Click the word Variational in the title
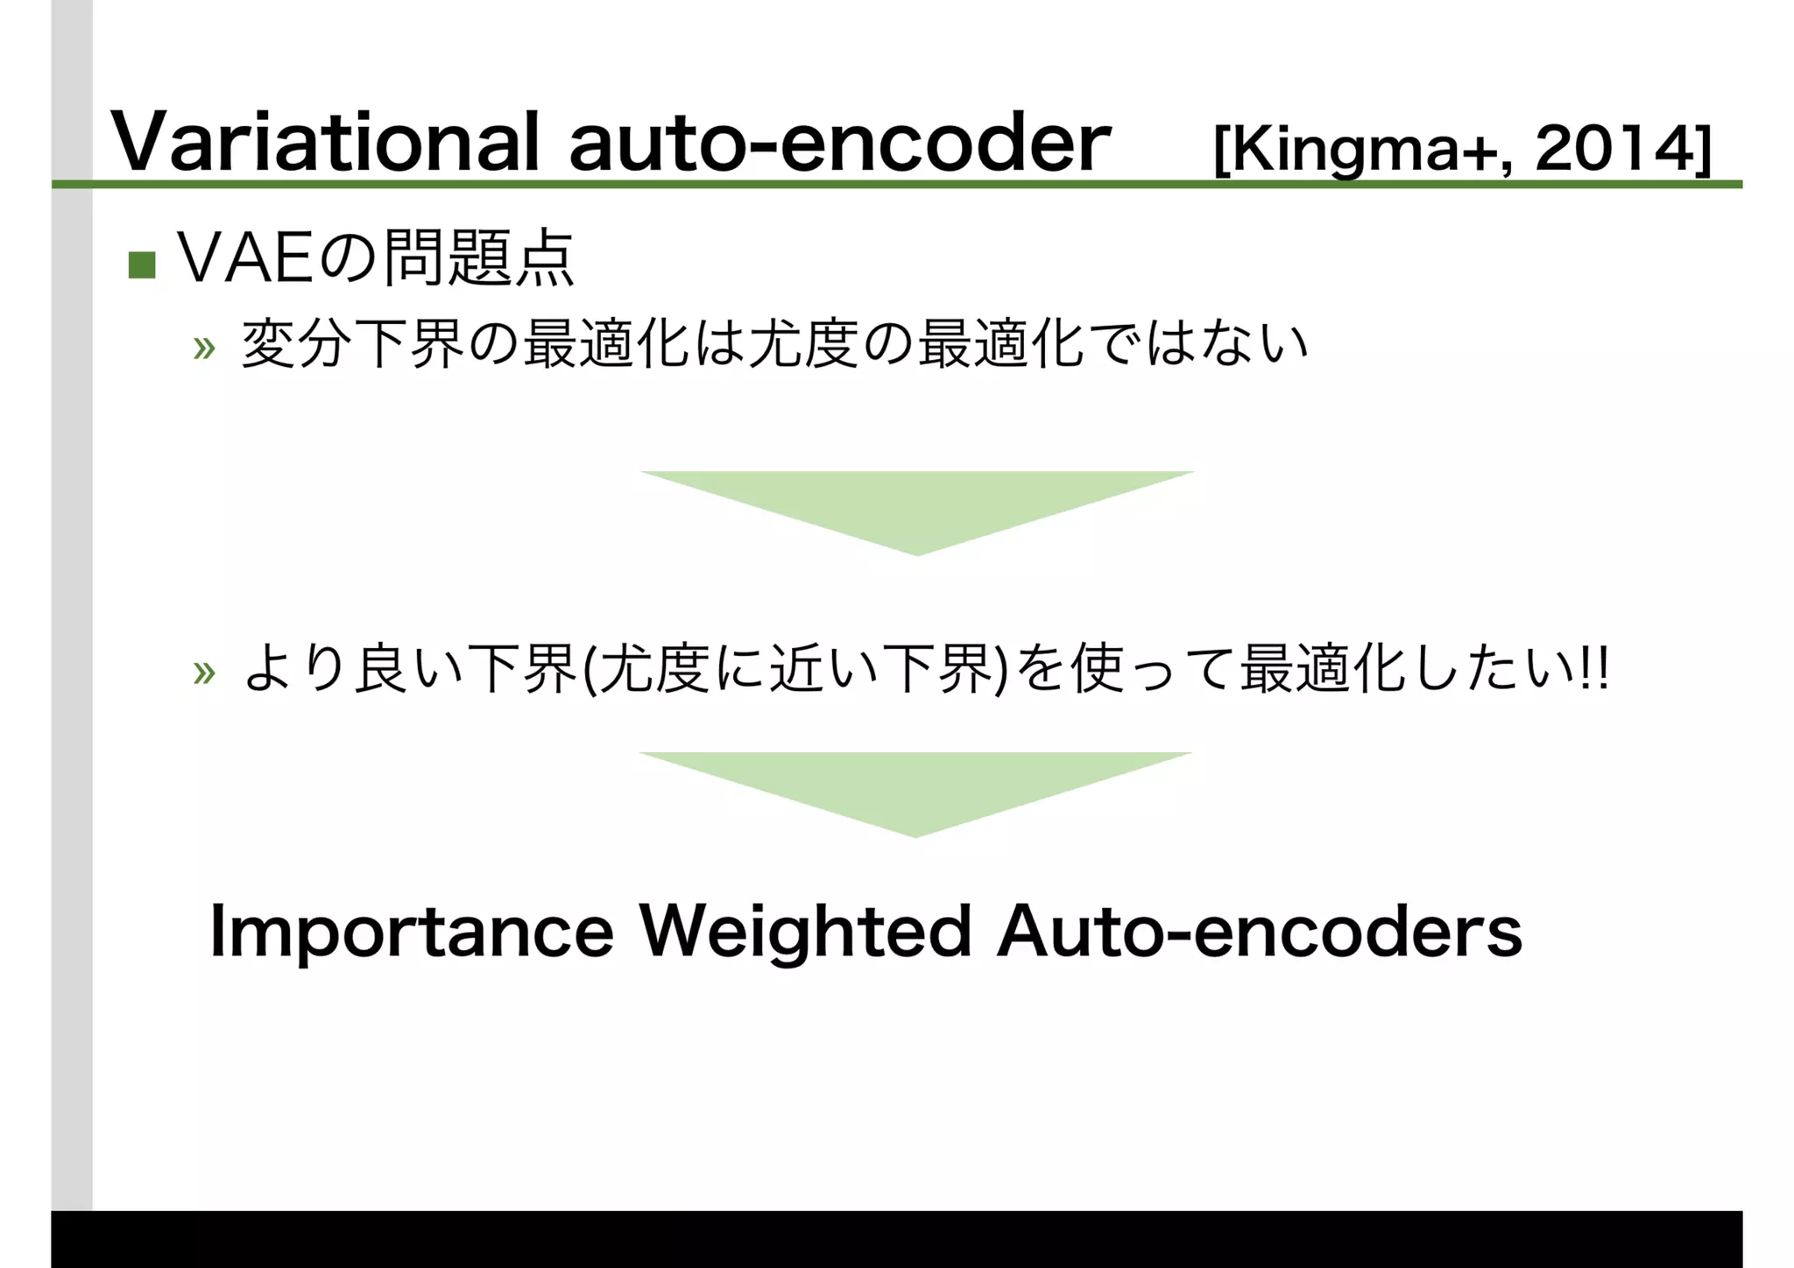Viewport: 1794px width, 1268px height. click(x=324, y=143)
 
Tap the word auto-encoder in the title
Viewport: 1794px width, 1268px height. click(x=839, y=143)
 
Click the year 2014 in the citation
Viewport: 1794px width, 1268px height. click(x=1617, y=149)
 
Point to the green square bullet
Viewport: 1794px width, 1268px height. click(x=142, y=264)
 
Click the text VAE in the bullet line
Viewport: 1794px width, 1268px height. click(x=245, y=259)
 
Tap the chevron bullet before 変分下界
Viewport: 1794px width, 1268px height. click(x=204, y=349)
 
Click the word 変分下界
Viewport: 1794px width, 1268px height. click(x=352, y=343)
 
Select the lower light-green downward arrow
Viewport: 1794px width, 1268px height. click(x=915, y=791)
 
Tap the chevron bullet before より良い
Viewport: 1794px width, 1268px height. click(x=204, y=673)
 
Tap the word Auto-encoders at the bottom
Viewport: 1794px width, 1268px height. click(x=1259, y=932)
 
